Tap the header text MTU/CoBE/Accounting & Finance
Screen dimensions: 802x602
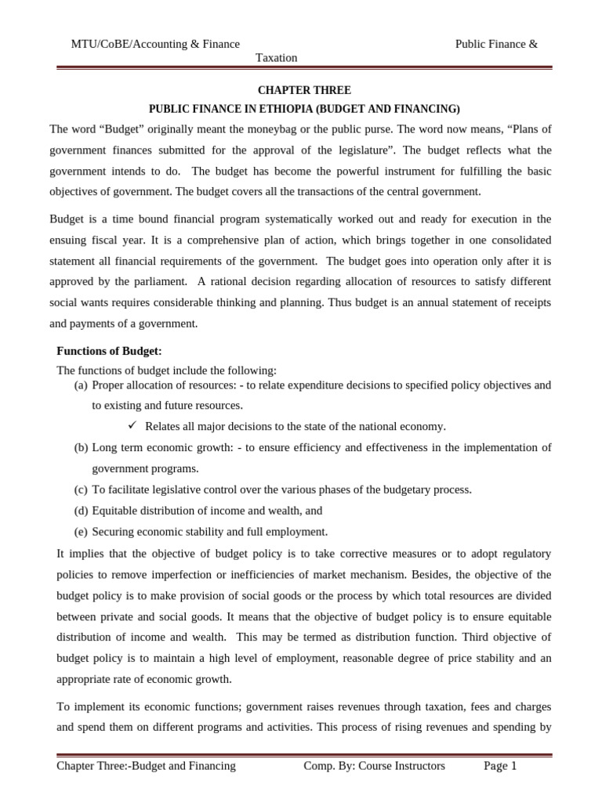155,44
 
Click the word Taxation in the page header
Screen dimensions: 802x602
277,58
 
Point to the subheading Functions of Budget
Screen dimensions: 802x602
109,351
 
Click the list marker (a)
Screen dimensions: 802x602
81,385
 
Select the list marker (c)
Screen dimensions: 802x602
81,490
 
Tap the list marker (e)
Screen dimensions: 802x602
81,531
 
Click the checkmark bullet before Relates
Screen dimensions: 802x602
132,425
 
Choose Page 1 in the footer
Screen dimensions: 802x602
500,766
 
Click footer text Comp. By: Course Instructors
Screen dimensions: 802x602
374,766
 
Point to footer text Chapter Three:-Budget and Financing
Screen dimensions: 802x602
146,766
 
